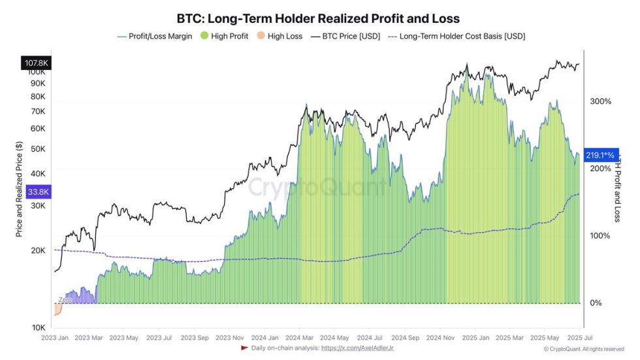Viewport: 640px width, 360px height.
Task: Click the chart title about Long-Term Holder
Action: point(318,18)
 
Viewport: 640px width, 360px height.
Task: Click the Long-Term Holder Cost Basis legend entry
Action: point(457,37)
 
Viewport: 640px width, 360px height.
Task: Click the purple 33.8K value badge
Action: point(33,191)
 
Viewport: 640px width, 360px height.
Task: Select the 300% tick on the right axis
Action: point(600,101)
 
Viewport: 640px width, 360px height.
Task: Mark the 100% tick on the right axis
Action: point(600,236)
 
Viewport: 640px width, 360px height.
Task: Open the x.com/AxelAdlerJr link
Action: point(357,348)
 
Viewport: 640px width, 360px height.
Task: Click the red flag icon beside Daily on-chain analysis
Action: point(245,348)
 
